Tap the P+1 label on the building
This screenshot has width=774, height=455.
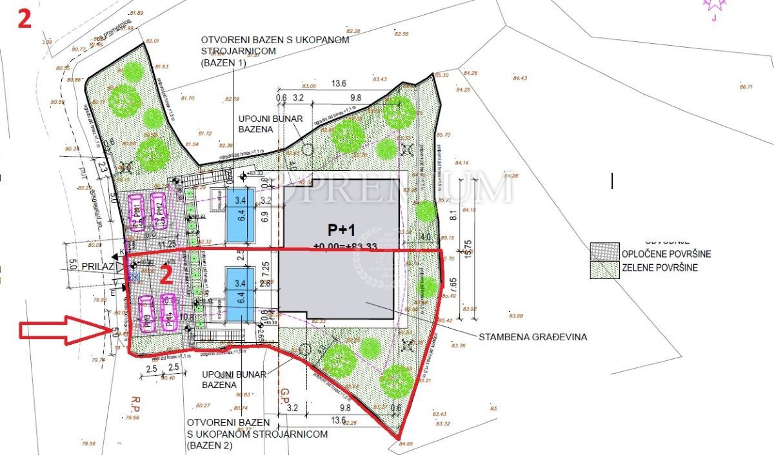pyautogui.click(x=338, y=231)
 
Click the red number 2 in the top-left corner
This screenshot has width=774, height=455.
pyautogui.click(x=25, y=18)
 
